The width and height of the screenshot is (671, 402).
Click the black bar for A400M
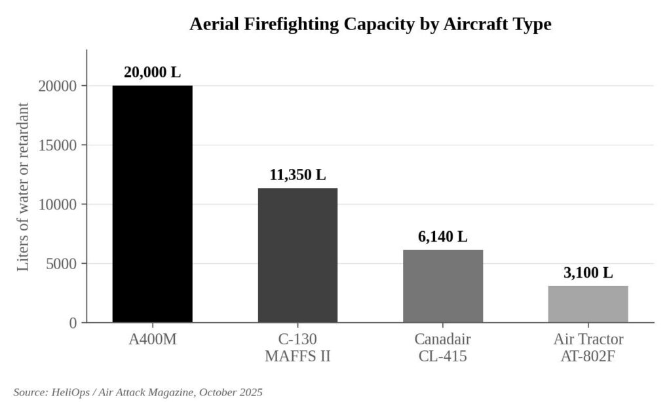pos(152,204)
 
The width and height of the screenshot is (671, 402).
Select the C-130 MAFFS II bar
pos(297,255)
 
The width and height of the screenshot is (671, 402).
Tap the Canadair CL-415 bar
pos(443,286)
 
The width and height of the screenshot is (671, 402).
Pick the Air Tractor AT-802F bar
pos(588,304)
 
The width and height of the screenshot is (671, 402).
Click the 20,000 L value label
pos(152,72)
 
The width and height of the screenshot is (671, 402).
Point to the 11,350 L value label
pos(297,175)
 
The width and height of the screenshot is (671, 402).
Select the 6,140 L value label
pos(443,236)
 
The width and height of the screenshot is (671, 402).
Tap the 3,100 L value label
pos(588,272)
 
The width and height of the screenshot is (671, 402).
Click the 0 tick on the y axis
pos(73,323)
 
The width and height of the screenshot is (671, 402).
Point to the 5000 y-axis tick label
pos(62,264)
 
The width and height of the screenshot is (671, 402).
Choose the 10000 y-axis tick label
pos(58,204)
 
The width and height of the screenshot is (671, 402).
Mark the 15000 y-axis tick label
pos(58,145)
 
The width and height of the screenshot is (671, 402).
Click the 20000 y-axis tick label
pos(58,86)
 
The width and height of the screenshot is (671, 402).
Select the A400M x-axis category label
pos(152,339)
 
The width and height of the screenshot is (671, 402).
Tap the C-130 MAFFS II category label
pos(297,347)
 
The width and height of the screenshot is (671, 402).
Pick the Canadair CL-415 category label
pos(443,347)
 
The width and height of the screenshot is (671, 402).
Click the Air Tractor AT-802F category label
pos(588,347)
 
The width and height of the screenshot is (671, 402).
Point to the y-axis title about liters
pos(23,187)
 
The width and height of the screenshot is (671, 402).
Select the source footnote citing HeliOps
pos(138,392)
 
